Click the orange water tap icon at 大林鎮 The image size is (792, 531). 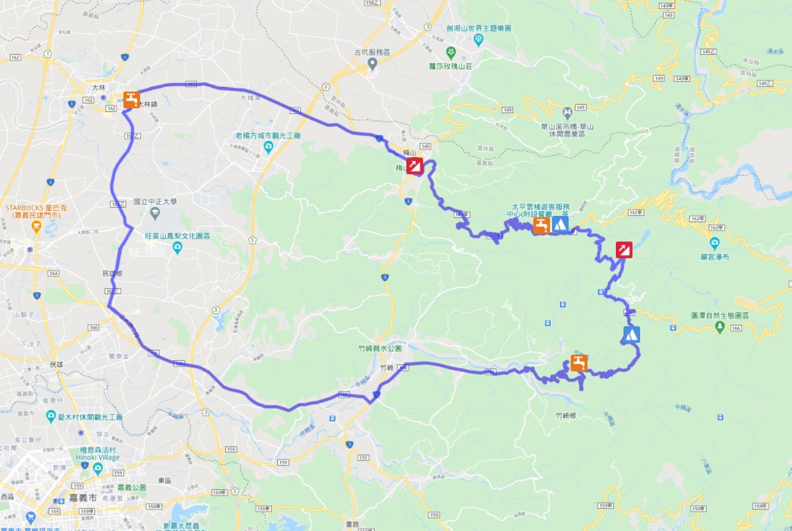tap(132, 99)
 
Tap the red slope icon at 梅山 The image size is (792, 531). tap(415, 165)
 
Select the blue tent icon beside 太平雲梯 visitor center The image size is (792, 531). tap(560, 224)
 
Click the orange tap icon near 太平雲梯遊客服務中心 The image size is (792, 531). tap(541, 225)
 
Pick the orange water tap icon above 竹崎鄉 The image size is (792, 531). tap(578, 362)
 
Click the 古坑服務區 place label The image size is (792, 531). tap(372, 52)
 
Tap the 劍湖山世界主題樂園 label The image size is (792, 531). tap(479, 28)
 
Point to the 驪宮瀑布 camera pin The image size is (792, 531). tap(715, 243)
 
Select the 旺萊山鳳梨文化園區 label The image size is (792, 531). tap(178, 236)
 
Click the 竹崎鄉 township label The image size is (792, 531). tap(567, 416)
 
